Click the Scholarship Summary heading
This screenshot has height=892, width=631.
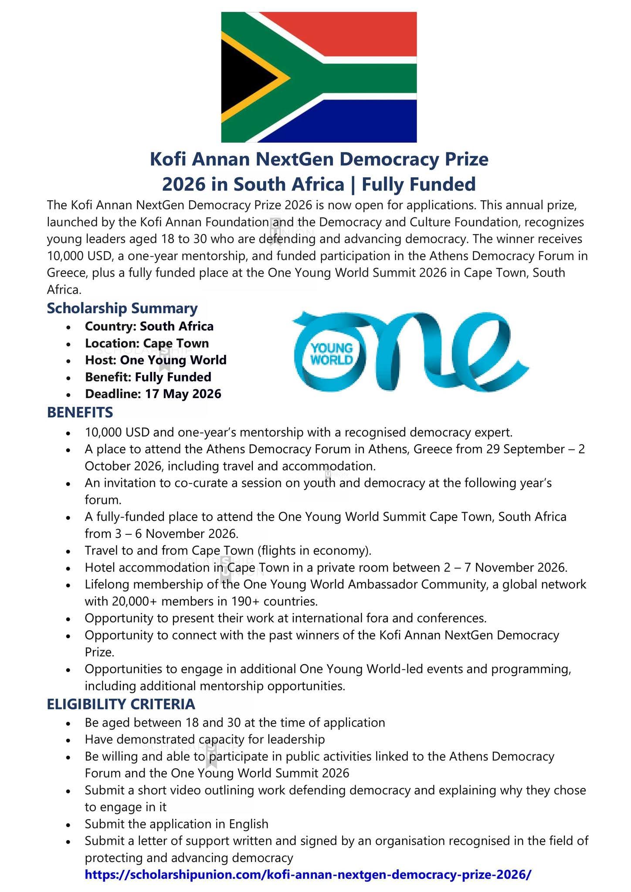click(122, 308)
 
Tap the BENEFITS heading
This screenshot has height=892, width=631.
click(80, 412)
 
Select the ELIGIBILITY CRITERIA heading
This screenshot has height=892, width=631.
click(121, 704)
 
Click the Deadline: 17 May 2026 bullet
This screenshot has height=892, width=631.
click(153, 394)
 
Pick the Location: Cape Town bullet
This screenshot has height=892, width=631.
click(147, 343)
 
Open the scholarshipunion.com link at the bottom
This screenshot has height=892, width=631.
click(308, 874)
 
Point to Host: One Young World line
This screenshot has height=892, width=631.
click(156, 360)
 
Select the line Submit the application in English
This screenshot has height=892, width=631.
click(176, 824)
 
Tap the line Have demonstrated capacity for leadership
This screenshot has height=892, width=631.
click(205, 739)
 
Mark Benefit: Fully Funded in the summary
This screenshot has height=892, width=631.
click(148, 377)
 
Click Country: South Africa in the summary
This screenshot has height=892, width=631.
click(149, 326)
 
